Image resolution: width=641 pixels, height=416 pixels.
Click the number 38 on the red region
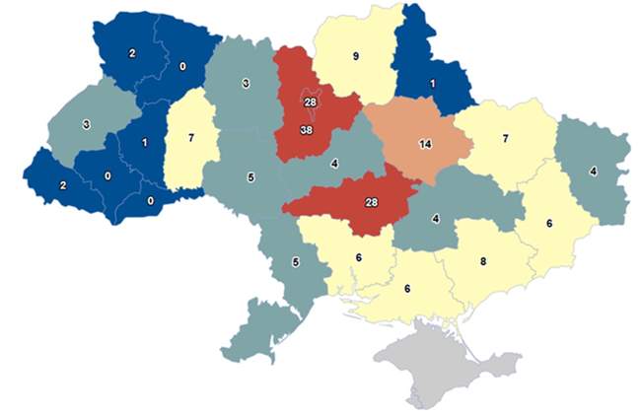tap(306, 128)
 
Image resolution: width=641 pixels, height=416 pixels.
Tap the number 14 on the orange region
tap(425, 144)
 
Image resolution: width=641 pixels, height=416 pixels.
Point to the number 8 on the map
tap(482, 262)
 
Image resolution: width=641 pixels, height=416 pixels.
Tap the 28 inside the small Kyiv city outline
tap(310, 103)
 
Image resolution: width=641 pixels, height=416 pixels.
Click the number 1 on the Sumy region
tap(431, 84)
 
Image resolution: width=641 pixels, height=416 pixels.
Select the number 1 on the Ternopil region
tap(145, 143)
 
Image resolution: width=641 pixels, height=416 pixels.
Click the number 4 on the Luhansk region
tap(593, 171)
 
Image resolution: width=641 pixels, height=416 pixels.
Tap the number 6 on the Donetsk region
tap(549, 223)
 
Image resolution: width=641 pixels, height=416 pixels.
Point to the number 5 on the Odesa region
tap(295, 263)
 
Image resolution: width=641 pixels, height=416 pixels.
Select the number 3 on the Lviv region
tap(87, 125)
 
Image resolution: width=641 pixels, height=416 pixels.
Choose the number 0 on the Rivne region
tap(182, 68)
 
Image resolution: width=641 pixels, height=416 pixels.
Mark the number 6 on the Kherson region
tap(406, 289)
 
